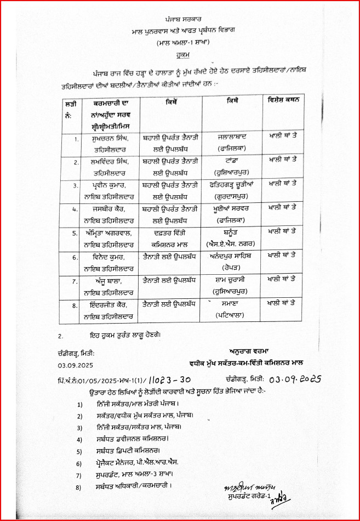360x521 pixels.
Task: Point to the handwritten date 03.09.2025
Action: [296, 378]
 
